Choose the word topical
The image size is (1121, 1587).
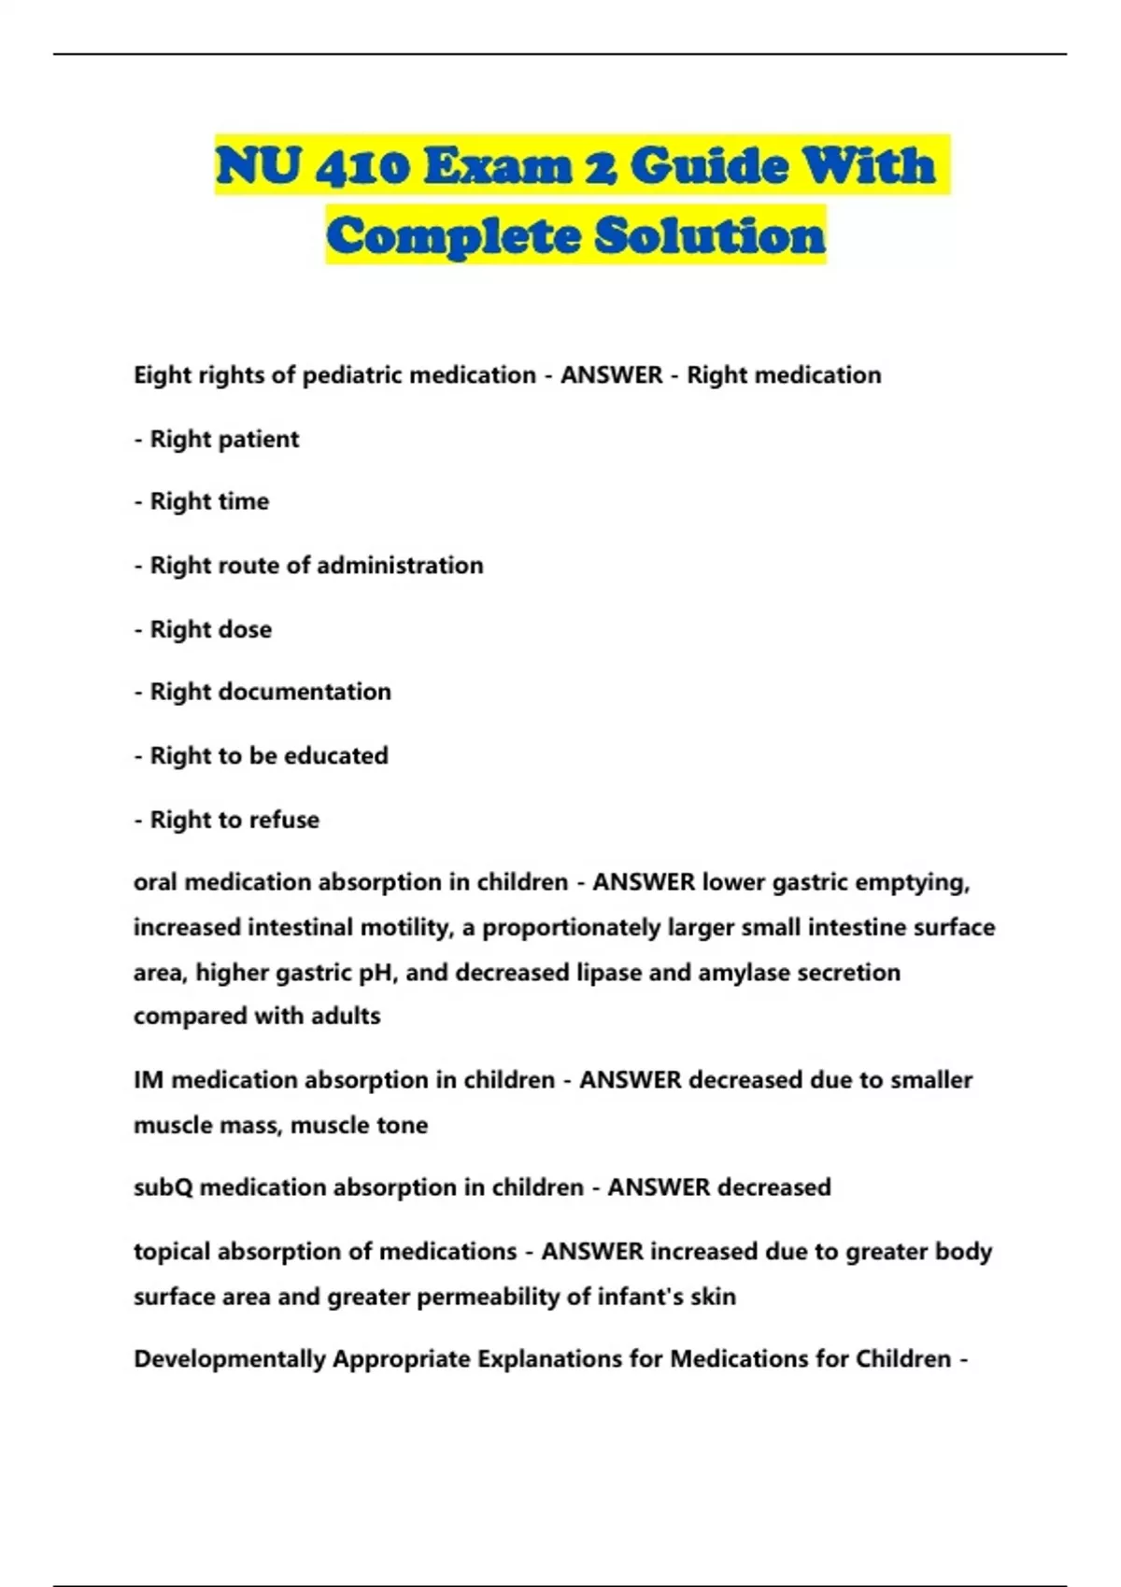(x=171, y=1252)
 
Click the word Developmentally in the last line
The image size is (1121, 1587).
(x=229, y=1359)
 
